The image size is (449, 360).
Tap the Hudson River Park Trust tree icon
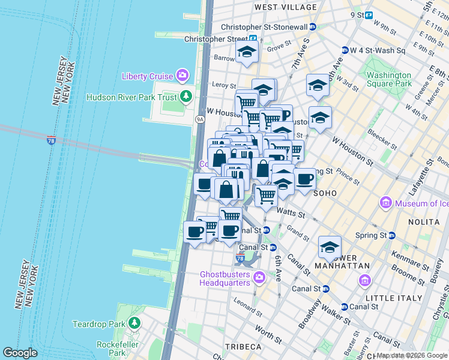coord(187,97)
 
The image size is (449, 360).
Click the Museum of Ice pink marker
coord(385,203)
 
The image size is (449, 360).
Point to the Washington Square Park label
coord(389,79)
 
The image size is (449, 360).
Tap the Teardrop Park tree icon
coord(134,324)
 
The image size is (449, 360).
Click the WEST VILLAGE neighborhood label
coord(285,7)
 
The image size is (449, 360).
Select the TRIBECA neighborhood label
coord(243,347)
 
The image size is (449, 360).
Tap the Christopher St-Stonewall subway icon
coord(313,27)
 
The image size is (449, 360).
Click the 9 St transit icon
coord(369,15)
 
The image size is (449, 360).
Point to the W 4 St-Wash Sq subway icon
coord(345,50)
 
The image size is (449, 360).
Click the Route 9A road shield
coord(200,119)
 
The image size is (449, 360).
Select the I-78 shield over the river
coord(52,140)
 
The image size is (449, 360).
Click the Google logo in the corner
coord(20,353)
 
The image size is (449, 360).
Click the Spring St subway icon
coord(391,235)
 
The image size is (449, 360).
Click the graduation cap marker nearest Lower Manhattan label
coord(330,247)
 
